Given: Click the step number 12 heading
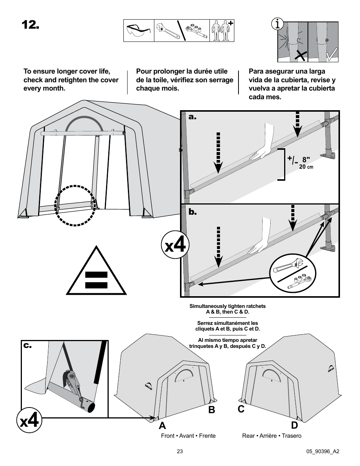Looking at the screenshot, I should pos(30,25).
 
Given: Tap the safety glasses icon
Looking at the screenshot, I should pos(138,31).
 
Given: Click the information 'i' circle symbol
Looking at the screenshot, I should pos(278,25).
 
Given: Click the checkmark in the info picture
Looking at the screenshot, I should pos(331,55).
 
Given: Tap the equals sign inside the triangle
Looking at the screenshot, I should pos(97,280).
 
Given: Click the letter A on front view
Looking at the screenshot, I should pos(162,425).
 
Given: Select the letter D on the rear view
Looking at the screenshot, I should pos(294,425).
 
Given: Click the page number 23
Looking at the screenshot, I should pos(180,451).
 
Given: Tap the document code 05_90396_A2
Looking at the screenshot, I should pos(323,451).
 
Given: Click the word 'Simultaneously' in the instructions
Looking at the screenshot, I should pos(206,306).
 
